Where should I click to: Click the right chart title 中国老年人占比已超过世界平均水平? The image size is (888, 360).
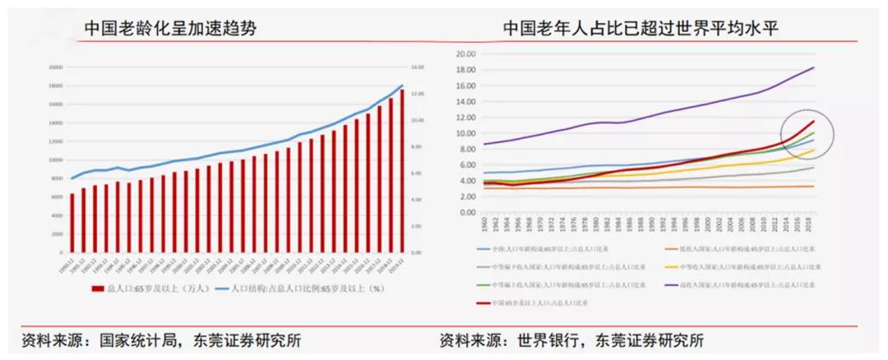641,29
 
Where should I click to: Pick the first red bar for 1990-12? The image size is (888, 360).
72,223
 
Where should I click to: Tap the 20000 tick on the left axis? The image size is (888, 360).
56,67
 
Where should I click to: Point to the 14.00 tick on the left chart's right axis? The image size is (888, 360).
417,67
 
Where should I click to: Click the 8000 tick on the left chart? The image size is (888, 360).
58,178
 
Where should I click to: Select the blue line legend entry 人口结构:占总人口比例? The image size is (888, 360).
296,288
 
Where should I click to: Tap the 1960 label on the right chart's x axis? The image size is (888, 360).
483,222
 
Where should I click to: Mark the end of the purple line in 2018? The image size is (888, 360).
814,67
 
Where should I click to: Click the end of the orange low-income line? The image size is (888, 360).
814,187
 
